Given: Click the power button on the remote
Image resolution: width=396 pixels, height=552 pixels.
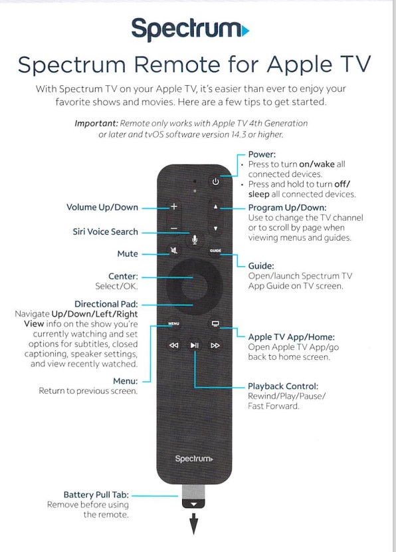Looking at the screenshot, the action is click(215, 182).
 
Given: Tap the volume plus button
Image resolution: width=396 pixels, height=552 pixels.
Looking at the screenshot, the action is click(173, 206).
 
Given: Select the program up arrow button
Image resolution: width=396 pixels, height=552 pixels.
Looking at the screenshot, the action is click(215, 207).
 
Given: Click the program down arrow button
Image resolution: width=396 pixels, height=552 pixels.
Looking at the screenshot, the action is click(215, 229).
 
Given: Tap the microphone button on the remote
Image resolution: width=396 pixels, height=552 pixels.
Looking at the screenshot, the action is click(194, 239).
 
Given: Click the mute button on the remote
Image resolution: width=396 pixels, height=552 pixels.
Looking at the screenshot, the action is click(173, 250).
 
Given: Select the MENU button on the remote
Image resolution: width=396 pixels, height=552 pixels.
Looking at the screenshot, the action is click(173, 323).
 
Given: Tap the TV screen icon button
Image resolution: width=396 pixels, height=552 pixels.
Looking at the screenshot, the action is click(215, 323).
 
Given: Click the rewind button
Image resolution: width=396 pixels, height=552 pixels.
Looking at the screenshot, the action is click(173, 345).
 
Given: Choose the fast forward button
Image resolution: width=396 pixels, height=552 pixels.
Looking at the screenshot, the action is click(215, 345).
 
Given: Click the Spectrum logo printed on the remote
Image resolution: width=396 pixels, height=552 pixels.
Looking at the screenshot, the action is click(194, 459).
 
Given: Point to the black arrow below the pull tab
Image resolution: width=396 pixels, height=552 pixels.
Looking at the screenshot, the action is click(193, 524).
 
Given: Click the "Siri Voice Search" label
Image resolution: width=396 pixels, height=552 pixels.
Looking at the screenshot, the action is click(105, 231).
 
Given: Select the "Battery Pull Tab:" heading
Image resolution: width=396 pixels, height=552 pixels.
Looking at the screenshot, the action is click(96, 495).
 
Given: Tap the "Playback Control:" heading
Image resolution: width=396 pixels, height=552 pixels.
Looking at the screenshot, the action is click(283, 386).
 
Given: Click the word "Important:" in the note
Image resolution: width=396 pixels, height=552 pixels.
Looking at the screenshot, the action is click(96, 124).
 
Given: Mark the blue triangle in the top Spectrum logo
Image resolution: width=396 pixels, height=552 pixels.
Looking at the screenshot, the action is click(245, 31).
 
